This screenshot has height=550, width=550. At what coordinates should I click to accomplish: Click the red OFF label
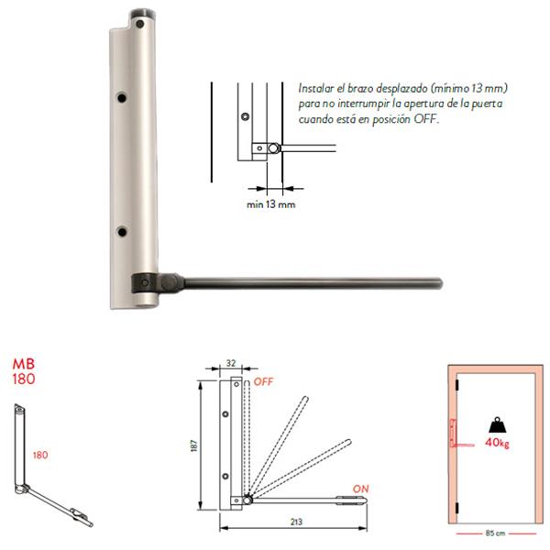[263, 381]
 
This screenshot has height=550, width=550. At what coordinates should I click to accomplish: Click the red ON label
[360, 489]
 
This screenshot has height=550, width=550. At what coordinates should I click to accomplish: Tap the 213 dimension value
[296, 522]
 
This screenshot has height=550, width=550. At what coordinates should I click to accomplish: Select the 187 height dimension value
[194, 445]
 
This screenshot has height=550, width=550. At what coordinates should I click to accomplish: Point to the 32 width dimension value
[231, 363]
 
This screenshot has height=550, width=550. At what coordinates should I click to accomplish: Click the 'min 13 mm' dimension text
[271, 204]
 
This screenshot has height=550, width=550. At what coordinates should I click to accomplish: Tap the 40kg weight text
[497, 443]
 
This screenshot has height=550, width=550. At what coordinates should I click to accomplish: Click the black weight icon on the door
[498, 424]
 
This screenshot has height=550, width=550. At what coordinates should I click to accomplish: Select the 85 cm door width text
[495, 533]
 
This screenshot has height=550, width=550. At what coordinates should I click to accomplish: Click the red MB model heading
[24, 364]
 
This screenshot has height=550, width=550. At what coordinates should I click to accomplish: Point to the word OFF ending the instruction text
[426, 119]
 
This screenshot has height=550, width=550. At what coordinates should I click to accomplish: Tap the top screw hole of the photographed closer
[140, 24]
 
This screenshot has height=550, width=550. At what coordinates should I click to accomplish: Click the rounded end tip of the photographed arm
[439, 283]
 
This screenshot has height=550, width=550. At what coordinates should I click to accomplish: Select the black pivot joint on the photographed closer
[157, 283]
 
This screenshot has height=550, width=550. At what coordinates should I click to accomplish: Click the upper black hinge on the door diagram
[456, 384]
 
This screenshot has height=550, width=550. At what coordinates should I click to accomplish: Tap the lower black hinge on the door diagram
[456, 508]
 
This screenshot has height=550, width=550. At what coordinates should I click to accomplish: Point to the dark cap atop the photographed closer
[142, 15]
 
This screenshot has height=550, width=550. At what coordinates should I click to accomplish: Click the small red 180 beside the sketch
[40, 455]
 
